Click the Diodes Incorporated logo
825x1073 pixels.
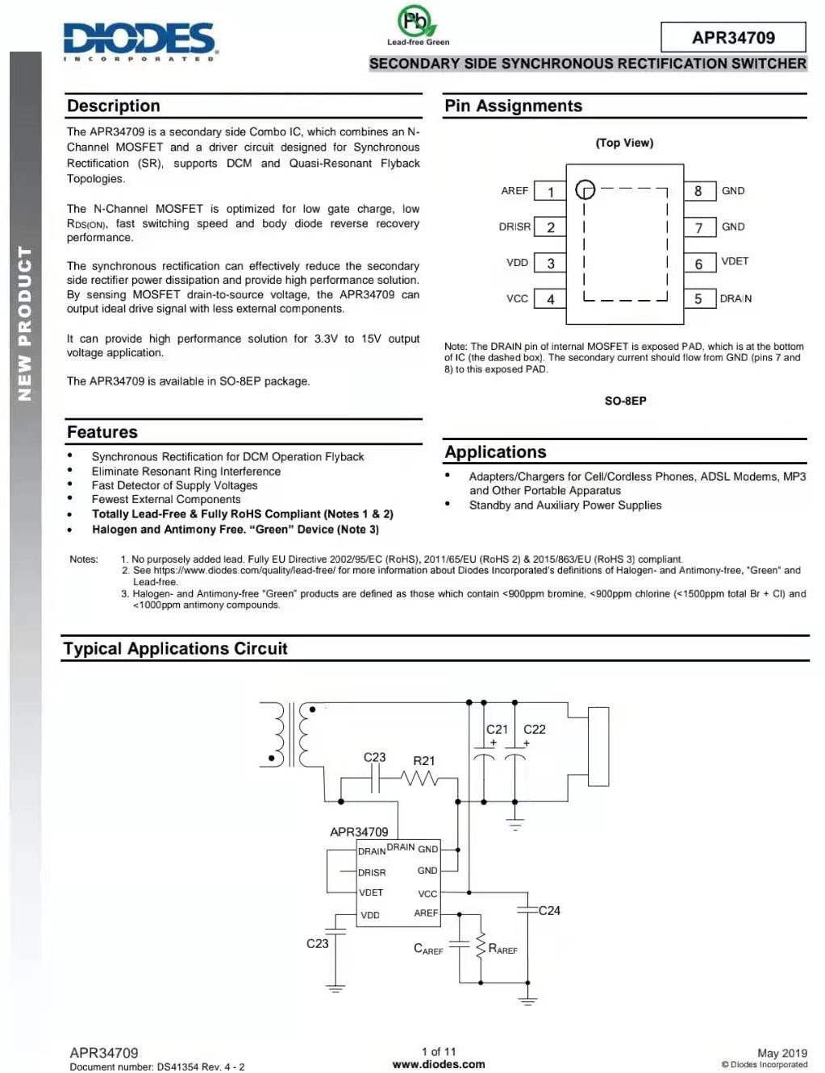tap(140, 40)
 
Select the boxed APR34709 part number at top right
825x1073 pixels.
tap(733, 37)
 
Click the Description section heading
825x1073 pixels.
tap(114, 106)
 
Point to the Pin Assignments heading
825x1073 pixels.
tap(513, 106)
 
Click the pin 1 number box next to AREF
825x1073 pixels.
tap(551, 192)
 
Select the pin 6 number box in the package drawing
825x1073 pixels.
tap(698, 264)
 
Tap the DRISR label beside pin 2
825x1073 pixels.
tap(515, 227)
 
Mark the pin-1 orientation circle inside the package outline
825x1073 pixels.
tap(585, 190)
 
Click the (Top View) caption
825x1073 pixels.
tap(624, 143)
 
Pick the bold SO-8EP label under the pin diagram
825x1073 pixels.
tap(625, 401)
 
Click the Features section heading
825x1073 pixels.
tap(102, 432)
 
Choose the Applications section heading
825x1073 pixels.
tap(495, 452)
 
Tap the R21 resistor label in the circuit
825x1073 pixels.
tap(423, 760)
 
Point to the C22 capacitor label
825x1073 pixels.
tap(534, 729)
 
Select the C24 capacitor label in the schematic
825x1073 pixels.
tap(549, 910)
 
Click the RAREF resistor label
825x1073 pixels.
tap(502, 949)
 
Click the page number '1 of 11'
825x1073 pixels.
tap(439, 1051)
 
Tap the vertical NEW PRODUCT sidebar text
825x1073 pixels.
tap(25, 323)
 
